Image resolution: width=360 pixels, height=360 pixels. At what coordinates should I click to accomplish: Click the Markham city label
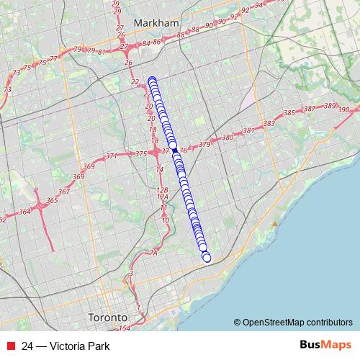tap(156, 23)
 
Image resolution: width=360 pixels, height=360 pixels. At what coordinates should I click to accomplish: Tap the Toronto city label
tap(107, 317)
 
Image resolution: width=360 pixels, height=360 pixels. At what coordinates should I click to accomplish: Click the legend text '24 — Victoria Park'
tap(66, 346)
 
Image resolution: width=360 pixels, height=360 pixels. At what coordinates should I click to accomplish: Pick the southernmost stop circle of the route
tap(207, 258)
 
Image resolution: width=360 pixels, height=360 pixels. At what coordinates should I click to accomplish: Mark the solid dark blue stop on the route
tap(174, 144)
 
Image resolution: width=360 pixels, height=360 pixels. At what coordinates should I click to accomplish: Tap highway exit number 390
tap(343, 109)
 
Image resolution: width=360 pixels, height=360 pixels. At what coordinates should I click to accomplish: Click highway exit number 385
tap(289, 113)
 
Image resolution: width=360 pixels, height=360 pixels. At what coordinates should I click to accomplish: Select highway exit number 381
tap(249, 130)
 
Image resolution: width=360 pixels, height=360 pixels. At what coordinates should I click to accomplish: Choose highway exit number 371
tap(111, 156)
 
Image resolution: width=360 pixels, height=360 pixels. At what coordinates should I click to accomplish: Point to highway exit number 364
tap(24, 212)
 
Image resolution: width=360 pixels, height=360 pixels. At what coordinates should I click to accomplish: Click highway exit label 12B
tap(161, 189)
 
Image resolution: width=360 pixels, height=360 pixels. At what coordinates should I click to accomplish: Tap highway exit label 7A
tap(153, 253)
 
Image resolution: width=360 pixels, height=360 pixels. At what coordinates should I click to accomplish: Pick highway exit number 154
tap(124, 328)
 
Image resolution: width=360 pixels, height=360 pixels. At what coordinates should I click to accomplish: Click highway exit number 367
tap(63, 192)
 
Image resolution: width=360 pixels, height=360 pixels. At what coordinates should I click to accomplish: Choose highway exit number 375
tap(141, 153)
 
